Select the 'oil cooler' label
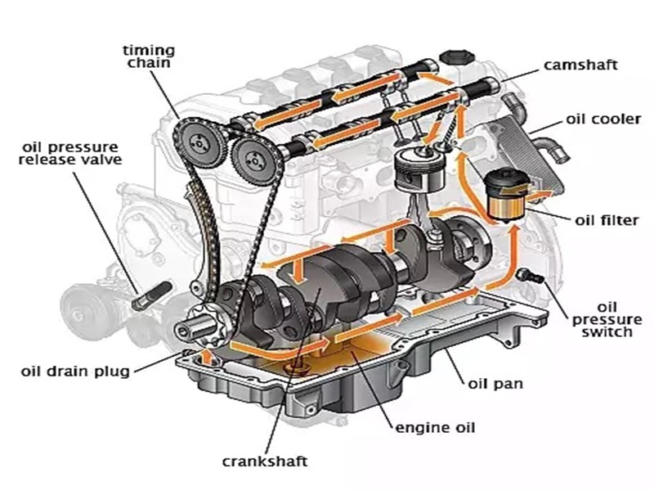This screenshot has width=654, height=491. [x=602, y=119]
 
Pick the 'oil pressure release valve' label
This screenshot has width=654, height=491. [x=72, y=152]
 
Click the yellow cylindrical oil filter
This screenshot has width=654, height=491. [x=504, y=196]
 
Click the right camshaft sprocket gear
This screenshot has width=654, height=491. [x=250, y=157]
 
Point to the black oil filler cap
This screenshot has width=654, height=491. [x=454, y=59]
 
